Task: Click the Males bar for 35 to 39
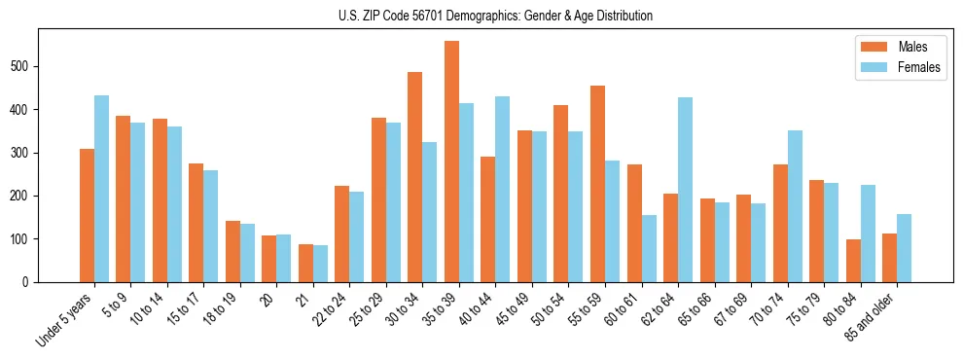[451, 162]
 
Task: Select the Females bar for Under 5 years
[101, 189]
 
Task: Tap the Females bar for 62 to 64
[685, 190]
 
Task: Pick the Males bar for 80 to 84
[853, 261]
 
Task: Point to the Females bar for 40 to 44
[503, 189]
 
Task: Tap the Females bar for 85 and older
[904, 248]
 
